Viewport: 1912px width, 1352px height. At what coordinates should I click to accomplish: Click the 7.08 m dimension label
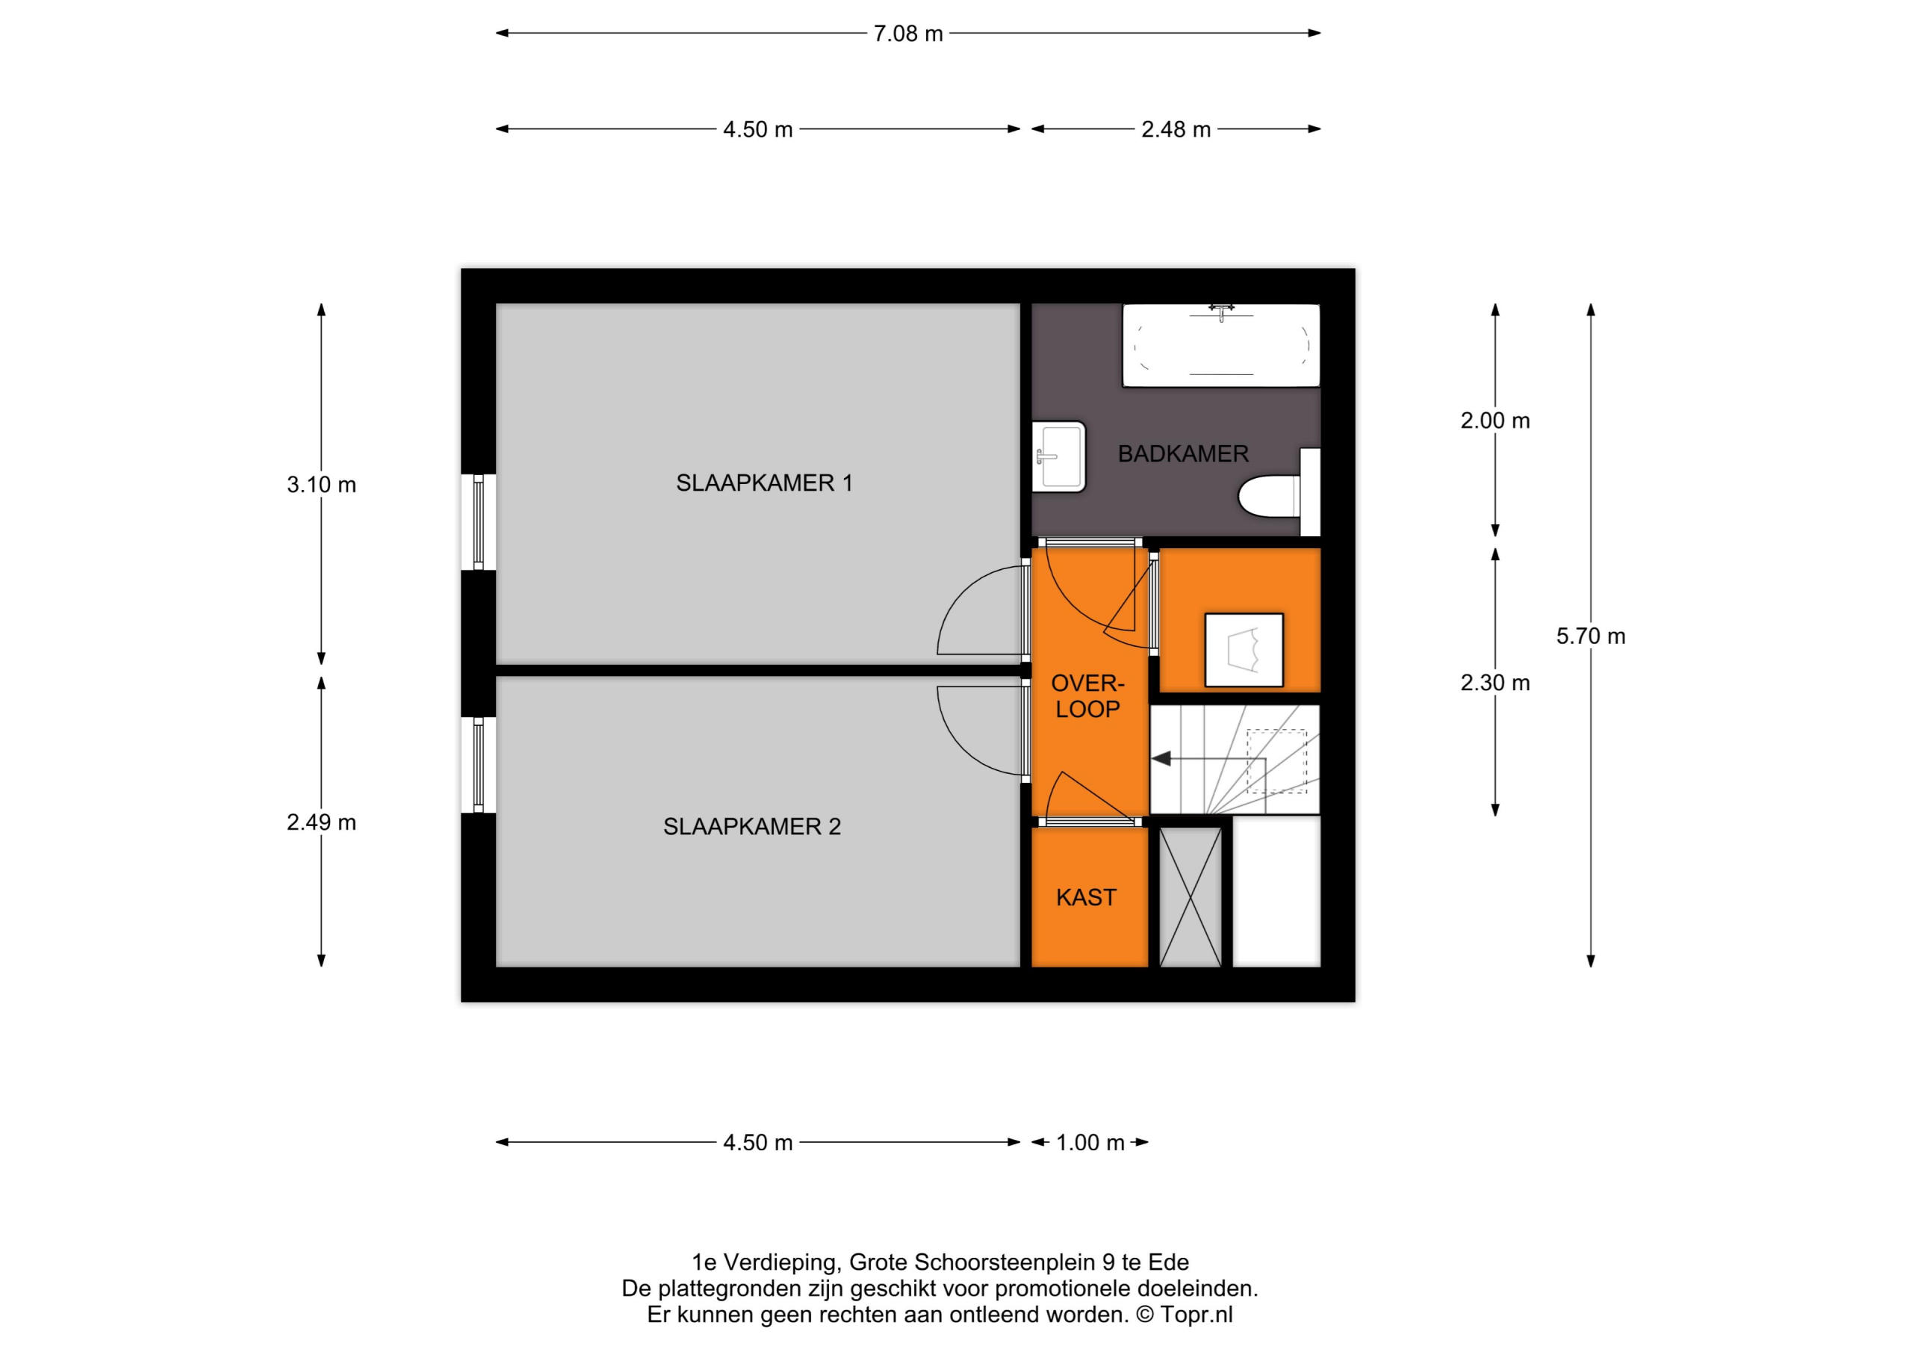pos(907,34)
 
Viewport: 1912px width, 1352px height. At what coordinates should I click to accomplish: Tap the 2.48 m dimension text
pos(1176,130)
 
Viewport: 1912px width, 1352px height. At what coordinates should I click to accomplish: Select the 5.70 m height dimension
pos(1591,636)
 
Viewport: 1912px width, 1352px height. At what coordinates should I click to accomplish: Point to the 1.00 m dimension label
pos(1090,1143)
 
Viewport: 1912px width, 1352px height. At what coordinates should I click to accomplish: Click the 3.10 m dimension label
pos(321,485)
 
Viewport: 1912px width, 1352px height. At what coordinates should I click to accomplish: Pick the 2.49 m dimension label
pos(321,823)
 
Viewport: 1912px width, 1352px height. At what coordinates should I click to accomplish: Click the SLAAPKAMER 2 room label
pos(752,826)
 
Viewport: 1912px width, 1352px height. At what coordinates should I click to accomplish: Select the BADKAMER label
pos(1183,454)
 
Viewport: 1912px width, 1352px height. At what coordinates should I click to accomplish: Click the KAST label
pos(1086,897)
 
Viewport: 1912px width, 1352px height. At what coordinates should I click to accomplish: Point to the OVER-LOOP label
pos(1087,696)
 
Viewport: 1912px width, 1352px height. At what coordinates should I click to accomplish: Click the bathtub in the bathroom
pos(1221,346)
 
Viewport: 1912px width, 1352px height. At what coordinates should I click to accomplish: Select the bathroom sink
pos(1059,456)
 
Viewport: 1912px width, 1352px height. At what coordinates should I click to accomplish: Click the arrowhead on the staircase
pos(1161,759)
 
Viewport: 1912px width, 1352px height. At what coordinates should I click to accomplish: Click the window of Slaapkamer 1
pos(479,522)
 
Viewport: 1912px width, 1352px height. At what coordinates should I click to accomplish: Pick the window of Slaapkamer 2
pos(479,765)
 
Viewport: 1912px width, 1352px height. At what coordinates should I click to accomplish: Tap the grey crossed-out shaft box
pos(1190,897)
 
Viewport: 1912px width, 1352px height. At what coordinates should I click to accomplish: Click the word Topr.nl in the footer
pos(1196,1315)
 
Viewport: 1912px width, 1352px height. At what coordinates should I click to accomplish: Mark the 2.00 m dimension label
pos(1494,421)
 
